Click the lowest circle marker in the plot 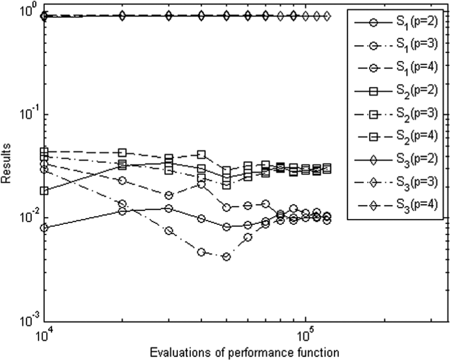(x=227, y=257)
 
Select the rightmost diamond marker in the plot (x=327, y=16)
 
